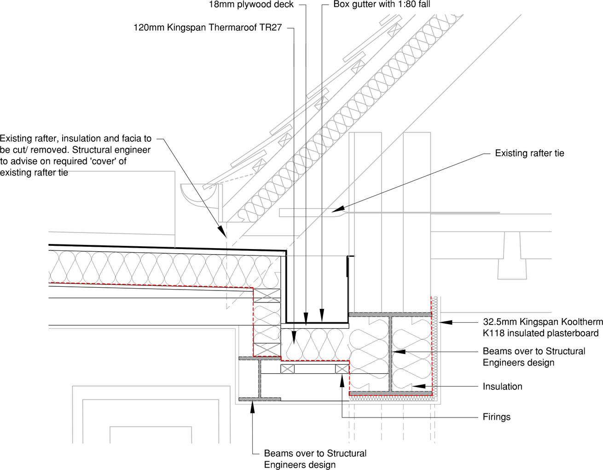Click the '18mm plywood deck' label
[251, 5]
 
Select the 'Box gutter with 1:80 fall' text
[382, 4]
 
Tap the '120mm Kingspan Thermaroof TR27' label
[208, 28]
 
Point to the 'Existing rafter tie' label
[529, 153]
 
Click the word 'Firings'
[497, 417]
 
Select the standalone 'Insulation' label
[502, 387]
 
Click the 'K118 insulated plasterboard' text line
[540, 333]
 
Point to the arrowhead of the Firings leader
[342, 380]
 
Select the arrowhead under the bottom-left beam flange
[252, 407]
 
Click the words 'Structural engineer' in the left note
[111, 150]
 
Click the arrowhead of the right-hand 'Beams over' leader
[399, 352]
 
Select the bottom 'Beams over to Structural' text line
[315, 453]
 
